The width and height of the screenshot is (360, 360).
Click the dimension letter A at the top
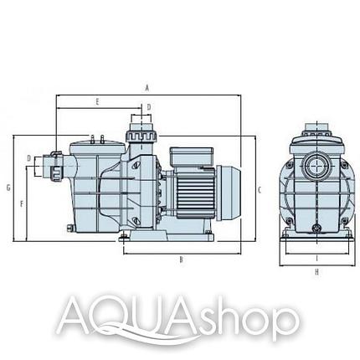point(147,88)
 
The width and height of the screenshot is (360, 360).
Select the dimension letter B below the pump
point(181,260)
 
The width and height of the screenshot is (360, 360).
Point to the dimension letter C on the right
point(260,190)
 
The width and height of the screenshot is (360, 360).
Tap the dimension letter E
point(97,102)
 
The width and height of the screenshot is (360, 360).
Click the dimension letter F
point(22,204)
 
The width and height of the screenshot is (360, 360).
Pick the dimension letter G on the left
point(8,188)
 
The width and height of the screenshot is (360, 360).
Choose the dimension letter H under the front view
point(316,272)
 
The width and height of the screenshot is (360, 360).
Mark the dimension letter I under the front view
point(317,259)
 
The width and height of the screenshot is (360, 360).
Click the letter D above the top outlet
point(149,106)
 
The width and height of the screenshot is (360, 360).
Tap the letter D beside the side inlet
point(29,158)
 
